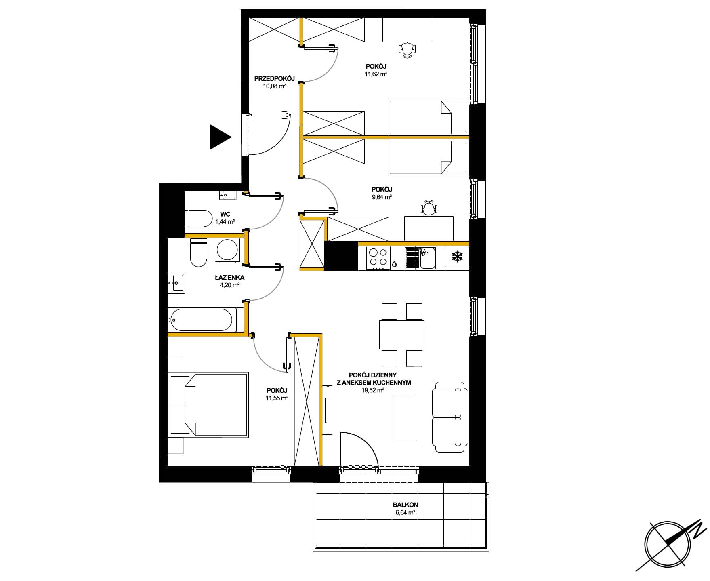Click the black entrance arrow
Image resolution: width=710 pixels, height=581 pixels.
(220, 137)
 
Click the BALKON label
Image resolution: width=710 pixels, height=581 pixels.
(405, 505)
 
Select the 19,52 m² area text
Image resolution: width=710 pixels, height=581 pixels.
(372, 390)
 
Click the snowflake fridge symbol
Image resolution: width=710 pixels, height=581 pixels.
(457, 256)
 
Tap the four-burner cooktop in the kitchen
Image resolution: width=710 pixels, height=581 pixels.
(378, 258)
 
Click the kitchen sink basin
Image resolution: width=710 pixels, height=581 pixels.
(427, 258)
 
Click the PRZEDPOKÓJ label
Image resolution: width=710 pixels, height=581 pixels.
(274, 79)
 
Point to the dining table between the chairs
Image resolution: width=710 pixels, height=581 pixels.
(402, 335)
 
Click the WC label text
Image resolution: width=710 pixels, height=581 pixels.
(225, 215)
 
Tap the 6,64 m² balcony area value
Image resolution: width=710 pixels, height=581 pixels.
(405, 512)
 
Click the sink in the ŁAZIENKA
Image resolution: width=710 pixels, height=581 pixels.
(177, 282)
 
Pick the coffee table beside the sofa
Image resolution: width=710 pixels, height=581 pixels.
(405, 417)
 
